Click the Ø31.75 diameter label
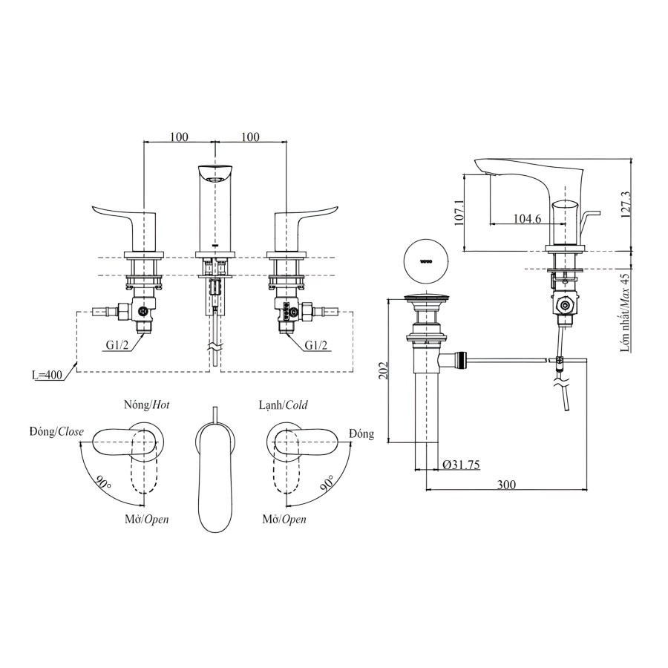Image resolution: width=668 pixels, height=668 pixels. (461, 464)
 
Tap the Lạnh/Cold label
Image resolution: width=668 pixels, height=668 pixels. (283, 405)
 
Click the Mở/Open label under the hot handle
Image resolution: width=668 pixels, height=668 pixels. (145, 520)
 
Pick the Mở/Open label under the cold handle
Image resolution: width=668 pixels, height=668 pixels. (284, 520)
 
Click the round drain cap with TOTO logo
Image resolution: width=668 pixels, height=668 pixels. (425, 261)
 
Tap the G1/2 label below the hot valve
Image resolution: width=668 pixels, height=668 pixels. (116, 344)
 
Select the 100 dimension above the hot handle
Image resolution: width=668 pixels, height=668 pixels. (179, 137)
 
